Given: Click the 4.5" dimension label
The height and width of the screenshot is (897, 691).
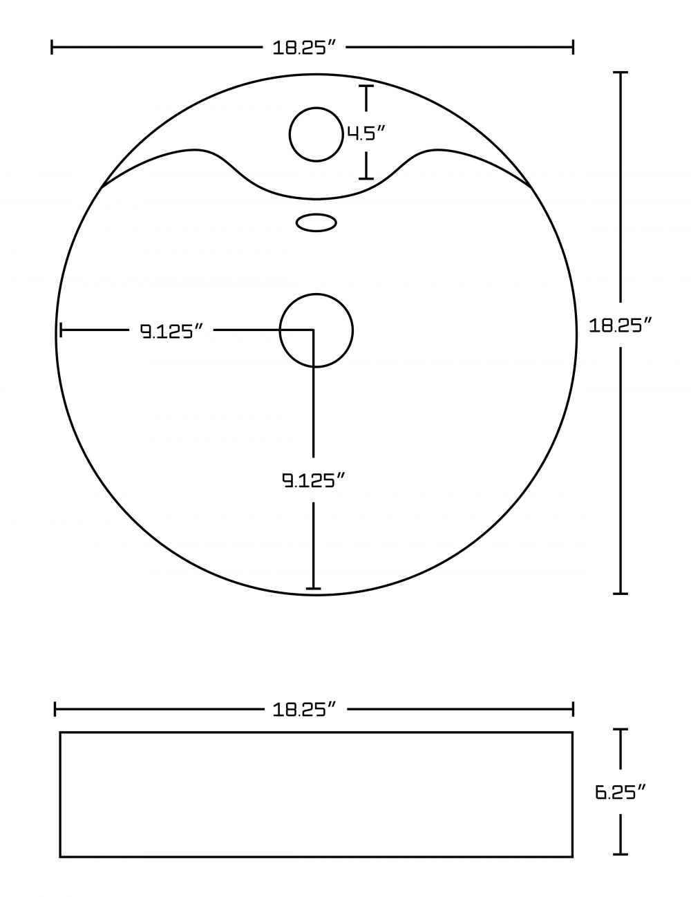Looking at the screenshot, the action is pyautogui.click(x=366, y=133).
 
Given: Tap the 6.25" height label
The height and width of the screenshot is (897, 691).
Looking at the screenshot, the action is pyautogui.click(x=621, y=792).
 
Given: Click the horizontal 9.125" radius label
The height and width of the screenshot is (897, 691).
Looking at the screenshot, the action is pyautogui.click(x=172, y=331).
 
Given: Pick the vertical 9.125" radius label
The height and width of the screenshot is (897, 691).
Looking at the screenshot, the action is pyautogui.click(x=313, y=480).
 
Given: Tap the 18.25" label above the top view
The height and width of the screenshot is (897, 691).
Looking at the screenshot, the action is pyautogui.click(x=304, y=48).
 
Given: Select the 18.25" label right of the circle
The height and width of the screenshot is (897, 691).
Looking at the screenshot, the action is pyautogui.click(x=621, y=326).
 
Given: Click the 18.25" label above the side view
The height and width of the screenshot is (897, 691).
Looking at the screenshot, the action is pyautogui.click(x=305, y=710).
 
